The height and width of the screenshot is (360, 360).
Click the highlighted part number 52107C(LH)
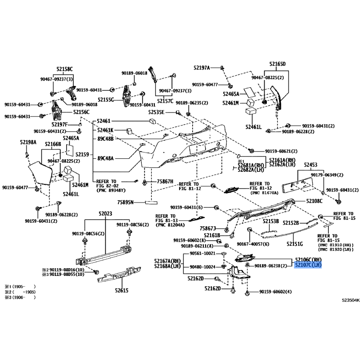[309, 266]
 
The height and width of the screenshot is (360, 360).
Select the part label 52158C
[64, 69]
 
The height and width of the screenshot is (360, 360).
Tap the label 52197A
[202, 68]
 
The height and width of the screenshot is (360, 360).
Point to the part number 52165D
[278, 64]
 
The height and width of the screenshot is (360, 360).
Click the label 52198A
[28, 142]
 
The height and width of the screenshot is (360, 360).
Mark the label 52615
[121, 290]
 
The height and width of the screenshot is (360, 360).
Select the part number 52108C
[314, 201]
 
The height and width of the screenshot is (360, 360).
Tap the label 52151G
[295, 244]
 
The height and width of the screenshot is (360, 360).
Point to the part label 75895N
[126, 202]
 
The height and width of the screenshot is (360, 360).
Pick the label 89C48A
[106, 158]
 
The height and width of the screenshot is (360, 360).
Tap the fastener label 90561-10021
[203, 253]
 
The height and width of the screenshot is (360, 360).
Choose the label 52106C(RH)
[309, 260]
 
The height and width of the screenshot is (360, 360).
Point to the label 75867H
[165, 181]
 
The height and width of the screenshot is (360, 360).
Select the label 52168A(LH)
[167, 266]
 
